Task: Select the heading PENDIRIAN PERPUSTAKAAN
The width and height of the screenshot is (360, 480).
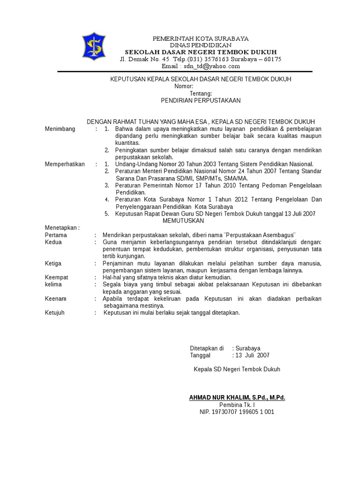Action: click(201, 100)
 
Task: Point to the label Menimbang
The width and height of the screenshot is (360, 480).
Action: click(60, 129)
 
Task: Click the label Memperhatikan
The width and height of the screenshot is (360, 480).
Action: click(65, 164)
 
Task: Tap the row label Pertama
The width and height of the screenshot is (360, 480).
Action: click(56, 235)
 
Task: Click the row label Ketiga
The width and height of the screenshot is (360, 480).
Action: click(53, 263)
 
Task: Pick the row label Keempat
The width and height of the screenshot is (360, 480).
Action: click(56, 277)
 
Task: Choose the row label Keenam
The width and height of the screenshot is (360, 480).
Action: click(55, 299)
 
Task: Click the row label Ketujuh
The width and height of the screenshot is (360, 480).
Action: click(54, 313)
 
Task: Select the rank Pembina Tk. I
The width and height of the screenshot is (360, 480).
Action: click(237, 405)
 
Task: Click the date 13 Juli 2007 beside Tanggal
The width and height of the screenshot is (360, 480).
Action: click(252, 355)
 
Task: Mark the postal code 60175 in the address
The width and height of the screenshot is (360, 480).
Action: click(272, 59)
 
